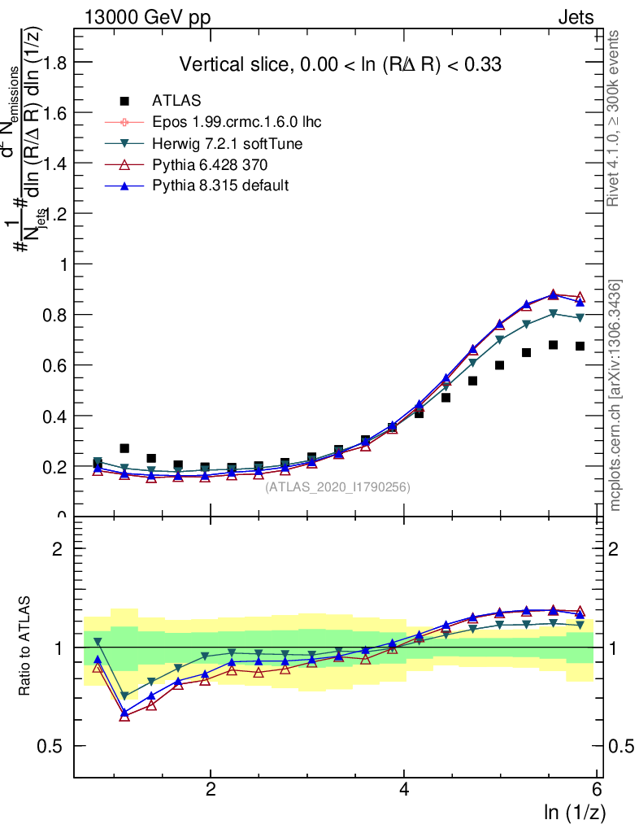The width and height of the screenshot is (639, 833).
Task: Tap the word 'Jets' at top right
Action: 576,18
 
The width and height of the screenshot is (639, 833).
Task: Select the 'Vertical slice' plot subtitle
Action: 340,64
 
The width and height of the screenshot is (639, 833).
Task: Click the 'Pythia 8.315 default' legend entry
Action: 220,185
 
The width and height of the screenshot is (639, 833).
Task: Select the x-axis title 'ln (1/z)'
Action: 572,811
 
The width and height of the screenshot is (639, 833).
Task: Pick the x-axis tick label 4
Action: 404,790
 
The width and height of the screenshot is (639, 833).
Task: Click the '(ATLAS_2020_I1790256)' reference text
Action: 337,487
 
